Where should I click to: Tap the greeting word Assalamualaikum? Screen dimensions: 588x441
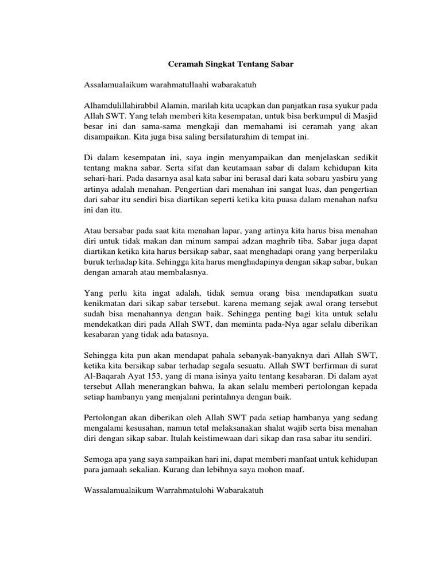pos(114,85)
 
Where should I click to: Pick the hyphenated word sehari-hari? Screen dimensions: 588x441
pos(100,179)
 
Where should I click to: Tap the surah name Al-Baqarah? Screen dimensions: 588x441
pos(105,376)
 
